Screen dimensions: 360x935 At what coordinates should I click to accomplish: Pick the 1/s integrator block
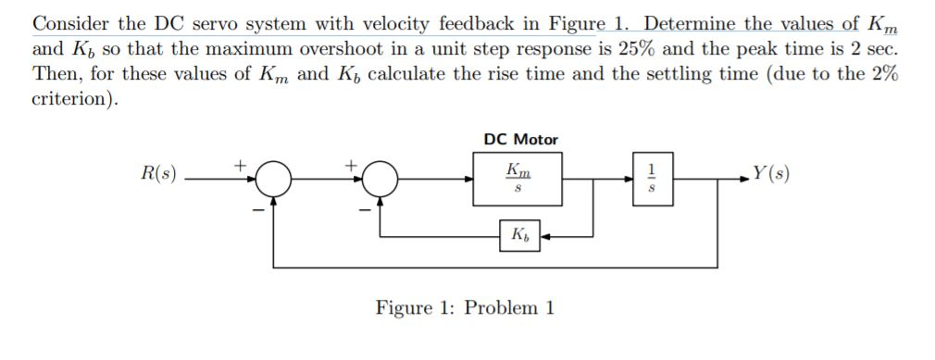point(651,178)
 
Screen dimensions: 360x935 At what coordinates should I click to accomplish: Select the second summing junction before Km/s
point(379,178)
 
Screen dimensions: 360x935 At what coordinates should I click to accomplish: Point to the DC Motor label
point(520,140)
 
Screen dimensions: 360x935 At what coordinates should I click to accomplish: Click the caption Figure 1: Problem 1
point(465,307)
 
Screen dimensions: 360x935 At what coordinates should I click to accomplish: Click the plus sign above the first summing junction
point(243,164)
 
